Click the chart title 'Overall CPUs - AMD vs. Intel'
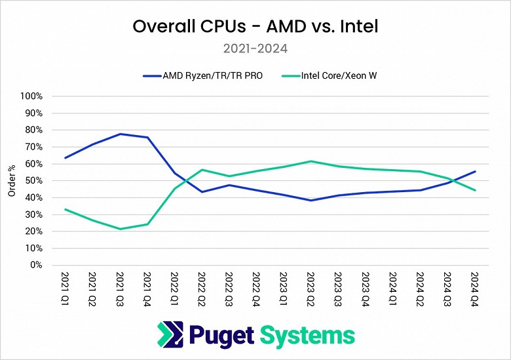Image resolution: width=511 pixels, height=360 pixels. [x=255, y=27]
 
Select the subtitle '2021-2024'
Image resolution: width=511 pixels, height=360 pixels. [x=255, y=48]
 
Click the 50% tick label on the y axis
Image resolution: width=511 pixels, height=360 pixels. [x=33, y=180]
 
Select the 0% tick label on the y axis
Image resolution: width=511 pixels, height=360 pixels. [x=35, y=266]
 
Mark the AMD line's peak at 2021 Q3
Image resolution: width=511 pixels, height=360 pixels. [x=120, y=134]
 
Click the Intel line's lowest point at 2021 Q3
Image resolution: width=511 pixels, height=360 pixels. [x=120, y=229]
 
